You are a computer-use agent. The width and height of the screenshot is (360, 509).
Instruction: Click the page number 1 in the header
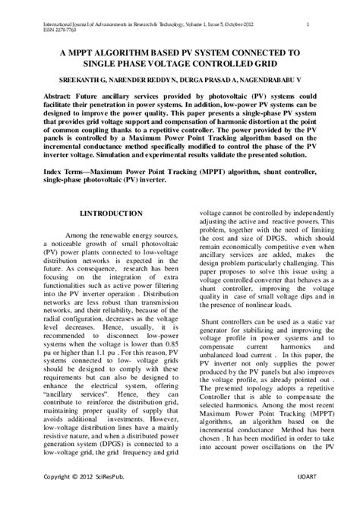[x=307, y=24]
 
